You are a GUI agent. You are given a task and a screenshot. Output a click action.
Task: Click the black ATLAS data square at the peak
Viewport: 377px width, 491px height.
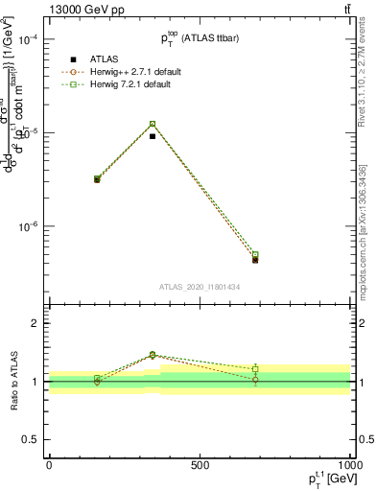tap(153, 136)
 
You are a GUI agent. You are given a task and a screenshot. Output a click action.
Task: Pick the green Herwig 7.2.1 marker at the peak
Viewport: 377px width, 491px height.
tap(153, 124)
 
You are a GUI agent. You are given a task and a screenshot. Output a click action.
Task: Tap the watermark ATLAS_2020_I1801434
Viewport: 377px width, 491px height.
tap(199, 288)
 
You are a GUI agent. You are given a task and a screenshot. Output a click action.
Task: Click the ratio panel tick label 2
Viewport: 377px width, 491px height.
tap(34, 324)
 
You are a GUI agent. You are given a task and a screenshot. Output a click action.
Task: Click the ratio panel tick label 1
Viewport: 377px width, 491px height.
tap(34, 382)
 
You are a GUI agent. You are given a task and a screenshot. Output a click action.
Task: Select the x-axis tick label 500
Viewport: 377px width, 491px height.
tap(200, 464)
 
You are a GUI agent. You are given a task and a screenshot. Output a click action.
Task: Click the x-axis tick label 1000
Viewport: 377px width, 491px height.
tap(348, 464)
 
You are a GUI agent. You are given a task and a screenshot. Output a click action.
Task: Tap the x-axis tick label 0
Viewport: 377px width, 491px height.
tap(49, 464)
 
